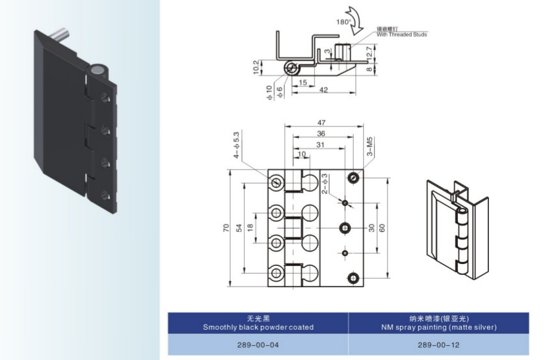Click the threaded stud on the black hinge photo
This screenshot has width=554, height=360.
click(x=61, y=35)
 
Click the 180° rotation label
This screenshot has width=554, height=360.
click(x=344, y=22)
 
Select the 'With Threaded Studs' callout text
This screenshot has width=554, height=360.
click(x=401, y=35)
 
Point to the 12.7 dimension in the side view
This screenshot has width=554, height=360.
click(x=369, y=53)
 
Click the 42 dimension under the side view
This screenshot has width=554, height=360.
click(x=323, y=90)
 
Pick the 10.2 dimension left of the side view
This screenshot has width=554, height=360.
click(x=256, y=67)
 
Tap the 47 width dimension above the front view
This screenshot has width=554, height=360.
click(x=321, y=122)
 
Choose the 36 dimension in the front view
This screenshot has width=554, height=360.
click(x=321, y=133)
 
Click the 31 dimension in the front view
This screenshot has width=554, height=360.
click(x=320, y=144)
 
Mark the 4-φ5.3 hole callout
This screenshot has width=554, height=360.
click(x=236, y=145)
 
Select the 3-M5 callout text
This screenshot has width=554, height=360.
click(x=370, y=146)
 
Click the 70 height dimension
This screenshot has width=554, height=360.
click(x=226, y=228)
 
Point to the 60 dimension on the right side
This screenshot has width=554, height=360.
click(x=381, y=228)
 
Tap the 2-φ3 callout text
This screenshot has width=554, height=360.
click(x=325, y=184)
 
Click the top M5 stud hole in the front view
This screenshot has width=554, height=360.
click(x=353, y=178)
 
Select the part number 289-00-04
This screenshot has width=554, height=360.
click(x=258, y=345)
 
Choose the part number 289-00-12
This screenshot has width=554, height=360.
click(x=439, y=345)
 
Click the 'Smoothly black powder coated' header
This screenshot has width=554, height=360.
click(x=258, y=327)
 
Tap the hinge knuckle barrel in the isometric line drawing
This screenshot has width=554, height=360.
click(x=462, y=240)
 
